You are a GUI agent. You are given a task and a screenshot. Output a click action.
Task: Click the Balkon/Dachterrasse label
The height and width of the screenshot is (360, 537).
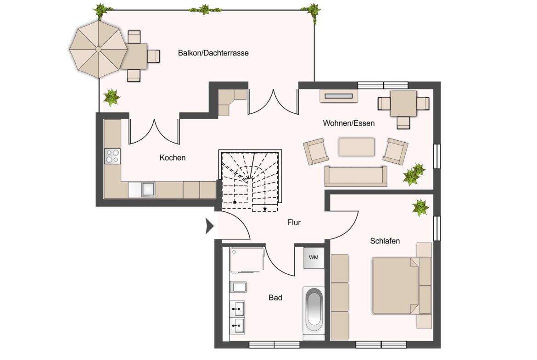[x=213, y=53]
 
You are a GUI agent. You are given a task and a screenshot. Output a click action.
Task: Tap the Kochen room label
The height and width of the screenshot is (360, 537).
[x=173, y=158]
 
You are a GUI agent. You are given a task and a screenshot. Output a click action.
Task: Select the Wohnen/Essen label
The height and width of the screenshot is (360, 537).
[x=349, y=123]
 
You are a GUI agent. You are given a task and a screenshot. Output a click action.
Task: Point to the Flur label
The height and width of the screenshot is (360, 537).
[x=294, y=223]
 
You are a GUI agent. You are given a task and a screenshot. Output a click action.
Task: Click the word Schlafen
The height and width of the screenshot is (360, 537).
[x=385, y=241]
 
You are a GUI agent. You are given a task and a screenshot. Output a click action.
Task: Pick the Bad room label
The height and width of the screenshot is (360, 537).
[x=275, y=298]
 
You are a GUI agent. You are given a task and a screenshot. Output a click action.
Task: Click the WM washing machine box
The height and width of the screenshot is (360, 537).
[x=313, y=258]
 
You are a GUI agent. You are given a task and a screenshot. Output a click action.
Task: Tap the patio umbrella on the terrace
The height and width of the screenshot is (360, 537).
[x=99, y=49]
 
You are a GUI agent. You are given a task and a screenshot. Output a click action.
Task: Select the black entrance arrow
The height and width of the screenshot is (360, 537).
[x=209, y=226]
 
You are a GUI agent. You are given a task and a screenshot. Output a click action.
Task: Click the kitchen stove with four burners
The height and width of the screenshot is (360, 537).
[x=112, y=156]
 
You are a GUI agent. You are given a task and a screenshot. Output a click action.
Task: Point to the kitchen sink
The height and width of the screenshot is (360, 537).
[x=148, y=189]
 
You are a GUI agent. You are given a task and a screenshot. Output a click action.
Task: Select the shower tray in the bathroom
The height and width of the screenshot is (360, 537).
[x=247, y=260]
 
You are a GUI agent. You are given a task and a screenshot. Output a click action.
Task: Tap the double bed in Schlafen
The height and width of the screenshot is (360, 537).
[x=396, y=286]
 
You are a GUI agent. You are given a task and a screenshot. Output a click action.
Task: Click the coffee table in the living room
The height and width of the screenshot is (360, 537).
[x=357, y=147]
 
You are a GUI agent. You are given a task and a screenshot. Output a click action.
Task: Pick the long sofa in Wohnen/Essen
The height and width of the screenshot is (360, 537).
[x=356, y=176]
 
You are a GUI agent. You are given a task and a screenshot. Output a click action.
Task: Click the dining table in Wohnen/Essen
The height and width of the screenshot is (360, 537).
[x=403, y=103]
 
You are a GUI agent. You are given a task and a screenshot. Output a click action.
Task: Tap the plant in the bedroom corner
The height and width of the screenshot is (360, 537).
[x=420, y=207]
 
